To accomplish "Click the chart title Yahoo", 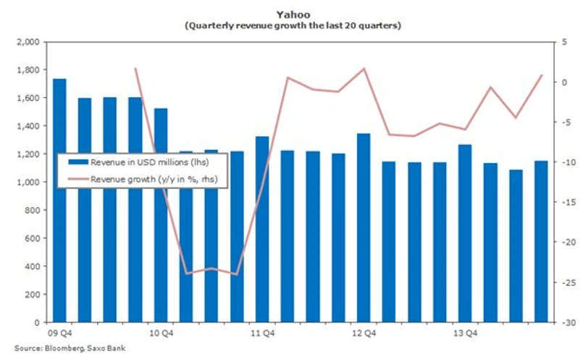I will [x=292, y=13].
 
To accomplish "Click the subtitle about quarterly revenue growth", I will [x=292, y=25].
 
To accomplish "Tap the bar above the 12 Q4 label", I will [x=364, y=227].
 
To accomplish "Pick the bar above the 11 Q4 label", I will [x=262, y=229].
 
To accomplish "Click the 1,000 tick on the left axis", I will [x=29, y=182].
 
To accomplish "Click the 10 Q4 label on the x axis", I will [x=161, y=333].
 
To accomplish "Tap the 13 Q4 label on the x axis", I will [x=465, y=333].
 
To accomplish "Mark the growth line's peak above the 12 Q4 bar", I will [x=364, y=69].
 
